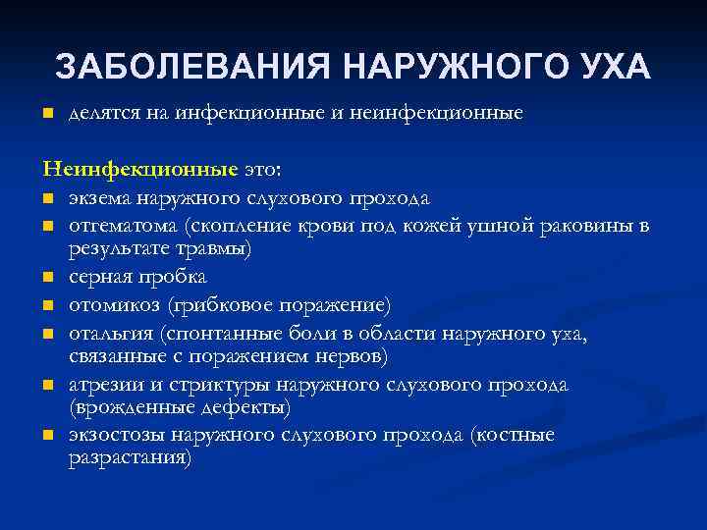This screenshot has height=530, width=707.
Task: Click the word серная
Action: point(98,278)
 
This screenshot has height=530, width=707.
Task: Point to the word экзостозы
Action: point(116,435)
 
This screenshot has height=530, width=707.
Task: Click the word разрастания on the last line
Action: point(129,457)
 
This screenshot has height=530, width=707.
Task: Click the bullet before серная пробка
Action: point(46,278)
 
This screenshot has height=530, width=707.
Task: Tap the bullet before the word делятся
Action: point(46,115)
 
